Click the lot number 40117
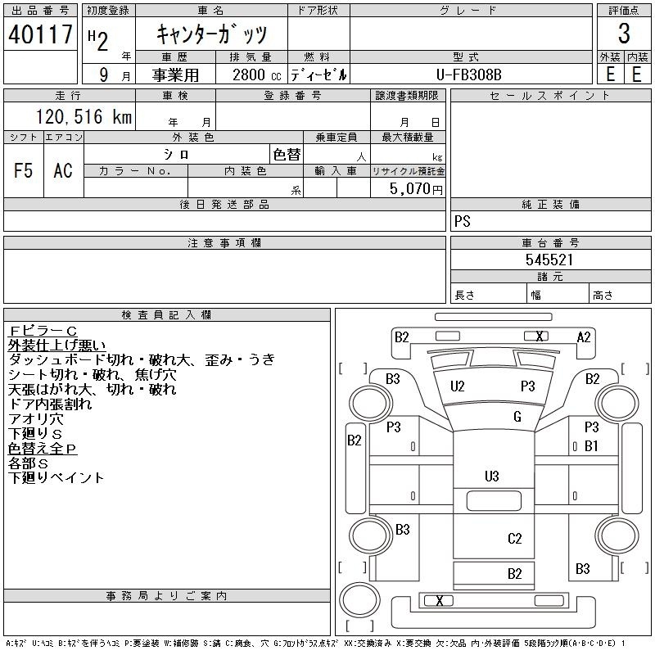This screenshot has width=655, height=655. pos(40,34)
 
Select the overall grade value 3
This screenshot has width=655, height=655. pos(624,34)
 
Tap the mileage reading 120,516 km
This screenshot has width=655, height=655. pos(84,116)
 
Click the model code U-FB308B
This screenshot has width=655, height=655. pos(468,75)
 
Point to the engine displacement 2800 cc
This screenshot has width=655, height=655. pos(257,75)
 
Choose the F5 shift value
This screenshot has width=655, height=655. pos(23,170)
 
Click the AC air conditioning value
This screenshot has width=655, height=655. pos(63,170)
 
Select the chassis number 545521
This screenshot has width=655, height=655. pos(549,260)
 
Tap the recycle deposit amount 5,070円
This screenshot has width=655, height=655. pos(416,189)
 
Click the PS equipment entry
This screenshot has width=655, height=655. pos(463,221)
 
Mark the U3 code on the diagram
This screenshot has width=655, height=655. pos(492,477)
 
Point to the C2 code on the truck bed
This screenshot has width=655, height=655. pos(515,539)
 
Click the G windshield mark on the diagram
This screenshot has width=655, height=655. pos(517,417)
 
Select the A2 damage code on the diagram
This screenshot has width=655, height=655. pos(584,337)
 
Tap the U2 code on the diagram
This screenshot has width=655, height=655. pos(458,386)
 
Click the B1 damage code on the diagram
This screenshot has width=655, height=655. pos(591,446)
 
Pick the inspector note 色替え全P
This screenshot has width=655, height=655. pos(43,448)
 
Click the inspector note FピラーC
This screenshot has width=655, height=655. pos(43,332)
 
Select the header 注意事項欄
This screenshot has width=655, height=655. pos(224,242)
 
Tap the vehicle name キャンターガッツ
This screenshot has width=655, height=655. pos(211,34)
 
